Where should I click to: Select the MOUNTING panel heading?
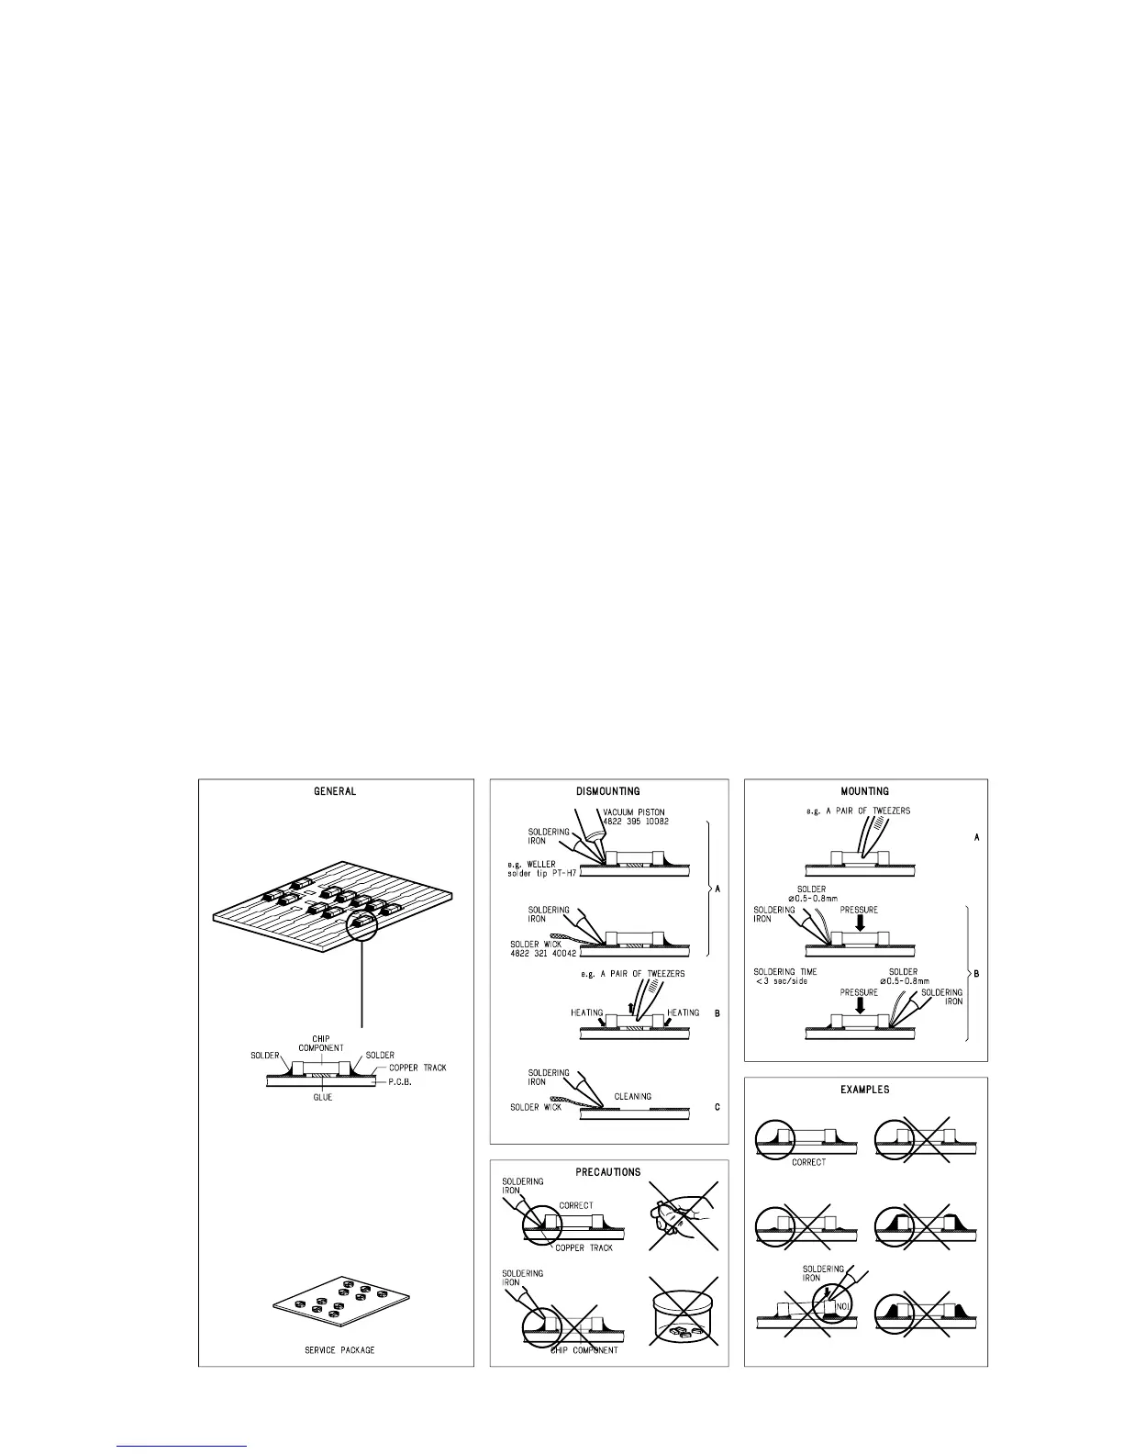pyautogui.click(x=864, y=791)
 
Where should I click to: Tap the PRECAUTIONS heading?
pyautogui.click(x=608, y=1172)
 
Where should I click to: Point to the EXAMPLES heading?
pyautogui.click(x=864, y=1090)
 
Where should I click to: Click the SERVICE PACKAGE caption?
pyautogui.click(x=339, y=1350)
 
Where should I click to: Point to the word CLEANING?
pyautogui.click(x=632, y=1096)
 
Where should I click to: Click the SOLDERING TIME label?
pyautogui.click(x=784, y=972)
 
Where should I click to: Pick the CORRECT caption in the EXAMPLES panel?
pyautogui.click(x=807, y=1162)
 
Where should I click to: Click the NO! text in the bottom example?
pyautogui.click(x=833, y=1304)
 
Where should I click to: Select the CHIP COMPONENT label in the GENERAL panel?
pyautogui.click(x=320, y=1044)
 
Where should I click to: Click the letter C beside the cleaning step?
pyautogui.click(x=717, y=1107)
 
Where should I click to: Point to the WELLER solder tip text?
pyautogui.click(x=540, y=867)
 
